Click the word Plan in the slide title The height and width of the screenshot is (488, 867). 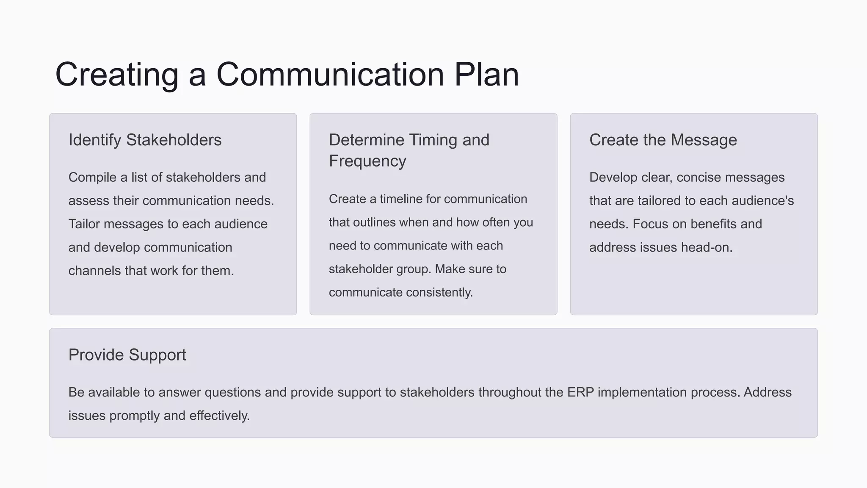coord(486,75)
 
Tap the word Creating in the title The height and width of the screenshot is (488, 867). coord(117,75)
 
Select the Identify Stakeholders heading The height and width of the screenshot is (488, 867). coord(145,140)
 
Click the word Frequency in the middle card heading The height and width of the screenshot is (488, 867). coord(367,161)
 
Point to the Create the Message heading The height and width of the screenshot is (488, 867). coord(663,140)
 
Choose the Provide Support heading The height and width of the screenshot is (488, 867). coord(127,355)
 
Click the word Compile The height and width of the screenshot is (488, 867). coord(92,177)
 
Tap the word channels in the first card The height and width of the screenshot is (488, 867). coord(95,271)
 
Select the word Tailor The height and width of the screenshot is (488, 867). coord(84,224)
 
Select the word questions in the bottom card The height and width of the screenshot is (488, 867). coord(233,392)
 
